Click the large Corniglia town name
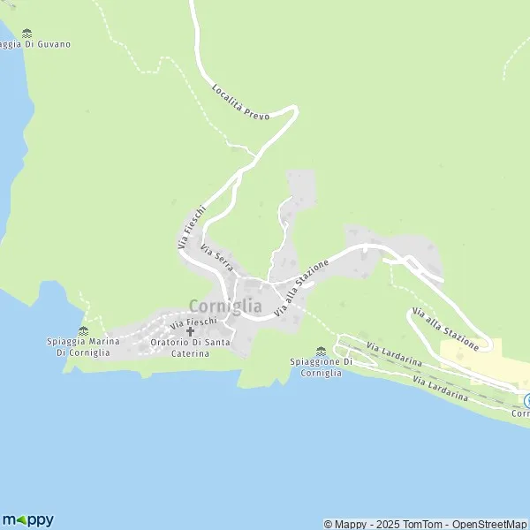click(x=225, y=306)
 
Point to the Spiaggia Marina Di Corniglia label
click(x=82, y=346)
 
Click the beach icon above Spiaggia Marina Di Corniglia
click(x=83, y=331)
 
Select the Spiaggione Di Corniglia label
click(x=321, y=367)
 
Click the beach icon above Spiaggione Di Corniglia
click(x=321, y=352)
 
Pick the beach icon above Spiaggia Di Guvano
click(x=26, y=33)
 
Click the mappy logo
click(x=27, y=519)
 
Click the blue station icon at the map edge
click(x=526, y=399)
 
